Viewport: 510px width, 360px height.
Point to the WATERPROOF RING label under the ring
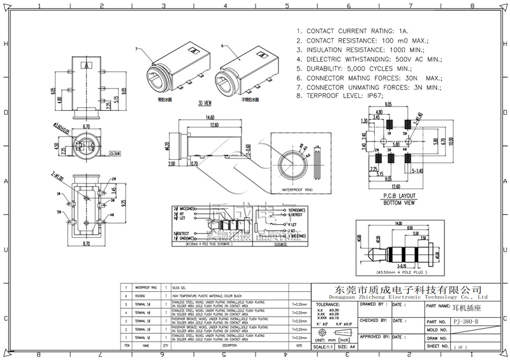point(296,190)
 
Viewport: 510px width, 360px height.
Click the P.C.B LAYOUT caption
point(400,196)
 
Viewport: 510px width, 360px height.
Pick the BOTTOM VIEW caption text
point(400,203)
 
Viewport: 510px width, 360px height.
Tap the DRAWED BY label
point(374,305)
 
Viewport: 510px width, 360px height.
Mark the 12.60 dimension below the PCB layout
point(400,187)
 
